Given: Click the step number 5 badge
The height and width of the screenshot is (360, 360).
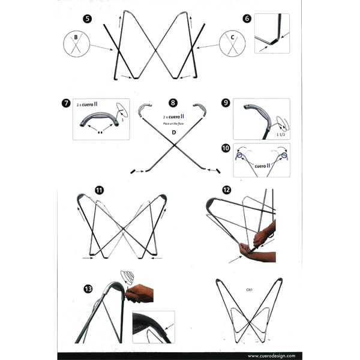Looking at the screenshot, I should click(x=88, y=19).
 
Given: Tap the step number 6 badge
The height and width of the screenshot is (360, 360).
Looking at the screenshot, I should click(x=247, y=19).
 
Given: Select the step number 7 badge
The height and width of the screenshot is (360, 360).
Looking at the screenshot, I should click(x=65, y=103).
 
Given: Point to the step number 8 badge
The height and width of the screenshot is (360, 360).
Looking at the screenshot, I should click(x=173, y=103).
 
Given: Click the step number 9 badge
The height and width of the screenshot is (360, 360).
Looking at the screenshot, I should click(x=226, y=103).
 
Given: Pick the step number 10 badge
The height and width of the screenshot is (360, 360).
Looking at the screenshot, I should click(x=226, y=148).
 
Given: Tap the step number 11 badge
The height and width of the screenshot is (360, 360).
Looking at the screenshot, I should click(x=98, y=191).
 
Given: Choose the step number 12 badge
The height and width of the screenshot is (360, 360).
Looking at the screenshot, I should click(x=226, y=190).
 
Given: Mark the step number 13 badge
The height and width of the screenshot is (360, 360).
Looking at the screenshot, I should click(x=88, y=289).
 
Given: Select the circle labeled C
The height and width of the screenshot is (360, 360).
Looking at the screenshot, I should click(x=232, y=44).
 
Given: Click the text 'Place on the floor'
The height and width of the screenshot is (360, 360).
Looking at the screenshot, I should click(x=174, y=123).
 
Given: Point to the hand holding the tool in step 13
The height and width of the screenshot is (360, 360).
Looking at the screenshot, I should click(x=139, y=293).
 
